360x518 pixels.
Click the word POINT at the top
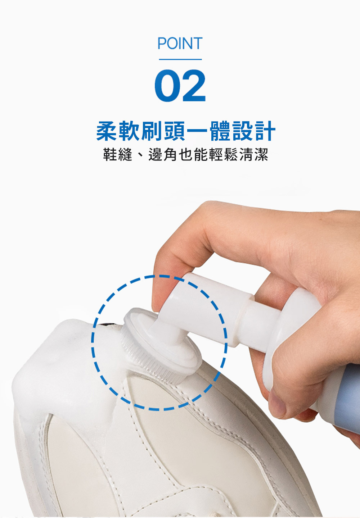(180, 43)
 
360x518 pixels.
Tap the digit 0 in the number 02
(167, 85)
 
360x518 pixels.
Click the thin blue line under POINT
(180, 59)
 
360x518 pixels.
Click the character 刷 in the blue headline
(152, 131)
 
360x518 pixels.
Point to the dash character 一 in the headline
(197, 131)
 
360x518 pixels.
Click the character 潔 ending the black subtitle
(261, 154)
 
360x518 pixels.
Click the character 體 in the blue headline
(220, 131)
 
